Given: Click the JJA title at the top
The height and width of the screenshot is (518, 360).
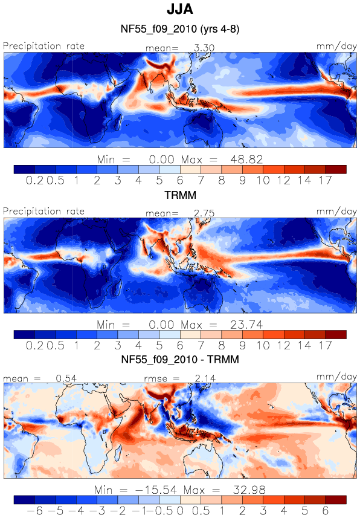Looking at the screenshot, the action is tap(180, 9).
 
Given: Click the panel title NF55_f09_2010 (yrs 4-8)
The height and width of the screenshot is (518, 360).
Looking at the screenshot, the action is tap(180, 29).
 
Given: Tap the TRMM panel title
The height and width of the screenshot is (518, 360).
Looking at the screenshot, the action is tap(181, 195).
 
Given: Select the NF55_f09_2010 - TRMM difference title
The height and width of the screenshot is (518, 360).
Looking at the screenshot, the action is tap(180, 359).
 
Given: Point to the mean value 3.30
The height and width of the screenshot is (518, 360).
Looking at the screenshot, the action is tap(204, 48).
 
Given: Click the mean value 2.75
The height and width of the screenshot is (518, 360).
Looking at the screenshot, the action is tap(204, 213).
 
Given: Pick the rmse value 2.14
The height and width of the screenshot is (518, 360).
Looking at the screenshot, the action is tap(205, 378).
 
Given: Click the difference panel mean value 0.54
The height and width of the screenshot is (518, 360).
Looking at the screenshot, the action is tap(66, 378).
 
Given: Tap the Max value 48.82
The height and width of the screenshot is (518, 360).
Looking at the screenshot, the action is tap(246, 160).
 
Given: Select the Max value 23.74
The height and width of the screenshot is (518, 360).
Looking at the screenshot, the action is tap(246, 325).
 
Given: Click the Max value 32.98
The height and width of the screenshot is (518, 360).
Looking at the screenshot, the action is tap(249, 490).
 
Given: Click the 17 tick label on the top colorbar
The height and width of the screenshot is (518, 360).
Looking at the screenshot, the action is tap(326, 180).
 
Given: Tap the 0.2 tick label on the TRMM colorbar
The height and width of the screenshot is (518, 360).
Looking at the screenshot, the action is tap(34, 346).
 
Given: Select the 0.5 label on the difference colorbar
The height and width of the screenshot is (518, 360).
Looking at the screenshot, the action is tap(201, 511).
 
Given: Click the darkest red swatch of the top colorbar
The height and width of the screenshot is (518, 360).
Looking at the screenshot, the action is tap(336, 169).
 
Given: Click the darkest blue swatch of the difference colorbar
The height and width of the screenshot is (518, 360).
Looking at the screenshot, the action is tap(24, 499).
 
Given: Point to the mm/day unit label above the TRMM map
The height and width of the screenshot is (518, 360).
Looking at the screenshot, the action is tap(336, 212).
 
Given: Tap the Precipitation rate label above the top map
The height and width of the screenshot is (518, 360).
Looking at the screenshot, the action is tap(43, 46).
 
